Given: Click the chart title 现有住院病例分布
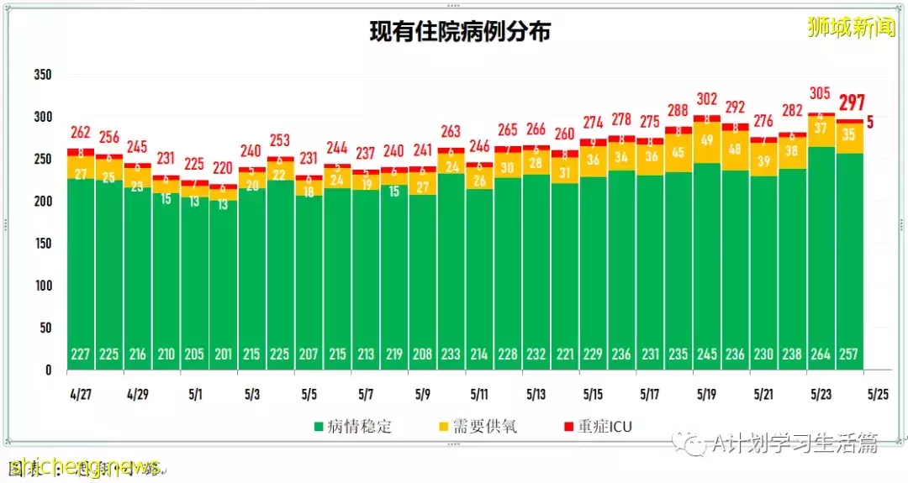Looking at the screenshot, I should [x=460, y=32].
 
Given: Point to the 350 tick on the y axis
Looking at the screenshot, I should [x=42, y=75].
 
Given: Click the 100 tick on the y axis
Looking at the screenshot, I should [x=42, y=286].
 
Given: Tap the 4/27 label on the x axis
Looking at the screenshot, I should [x=81, y=394].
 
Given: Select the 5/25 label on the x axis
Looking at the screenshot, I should [x=878, y=394].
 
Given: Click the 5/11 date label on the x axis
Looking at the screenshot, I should [x=479, y=394].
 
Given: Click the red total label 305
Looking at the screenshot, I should [x=821, y=93].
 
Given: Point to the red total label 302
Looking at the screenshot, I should [x=707, y=98].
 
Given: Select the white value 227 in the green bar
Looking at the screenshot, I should [x=81, y=354].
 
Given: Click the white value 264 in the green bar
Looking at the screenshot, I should [x=821, y=354].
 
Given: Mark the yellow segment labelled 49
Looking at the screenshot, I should [x=707, y=141].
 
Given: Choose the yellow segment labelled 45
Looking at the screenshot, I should [x=678, y=152].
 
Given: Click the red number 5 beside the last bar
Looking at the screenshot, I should [x=870, y=122].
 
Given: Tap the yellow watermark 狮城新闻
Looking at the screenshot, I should [x=850, y=29].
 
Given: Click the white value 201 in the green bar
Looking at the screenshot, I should [x=223, y=354].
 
